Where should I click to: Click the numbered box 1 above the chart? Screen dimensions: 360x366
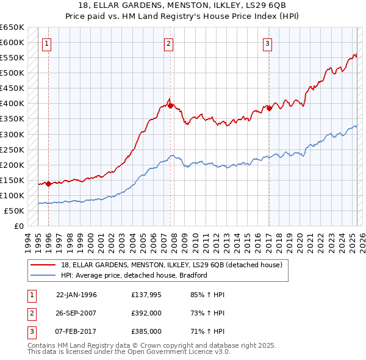(x=47, y=43)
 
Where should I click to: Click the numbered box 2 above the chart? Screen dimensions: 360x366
(x=168, y=43)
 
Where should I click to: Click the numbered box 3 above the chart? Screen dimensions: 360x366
(x=268, y=43)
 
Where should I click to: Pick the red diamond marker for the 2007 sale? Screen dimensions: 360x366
(x=170, y=106)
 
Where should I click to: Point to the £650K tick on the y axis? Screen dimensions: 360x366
(x=13, y=27)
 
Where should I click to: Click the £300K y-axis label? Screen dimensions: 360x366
(x=13, y=134)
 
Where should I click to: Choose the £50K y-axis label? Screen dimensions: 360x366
(x=15, y=211)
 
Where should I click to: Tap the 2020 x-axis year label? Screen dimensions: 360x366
(x=300, y=240)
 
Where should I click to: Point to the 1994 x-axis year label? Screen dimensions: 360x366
(x=27, y=240)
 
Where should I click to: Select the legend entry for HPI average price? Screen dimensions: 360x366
(x=134, y=275)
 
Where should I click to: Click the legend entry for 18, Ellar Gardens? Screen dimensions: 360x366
(x=171, y=265)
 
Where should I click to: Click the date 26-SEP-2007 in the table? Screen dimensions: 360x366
(x=76, y=313)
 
